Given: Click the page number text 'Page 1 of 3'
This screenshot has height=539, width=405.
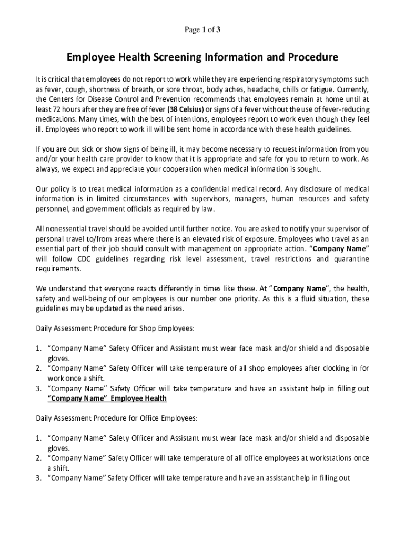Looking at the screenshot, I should pos(202,30).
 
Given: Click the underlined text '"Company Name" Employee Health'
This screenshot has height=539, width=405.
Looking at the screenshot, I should pos(107,398).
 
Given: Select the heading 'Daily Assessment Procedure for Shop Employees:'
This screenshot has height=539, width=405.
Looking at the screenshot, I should pos(115,328).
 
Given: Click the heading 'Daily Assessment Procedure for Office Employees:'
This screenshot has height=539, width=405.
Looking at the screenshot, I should pos(117,418).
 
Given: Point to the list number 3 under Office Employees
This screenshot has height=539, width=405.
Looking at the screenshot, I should pos(38,478).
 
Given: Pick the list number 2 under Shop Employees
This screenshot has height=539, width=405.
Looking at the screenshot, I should pos(38,368).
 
